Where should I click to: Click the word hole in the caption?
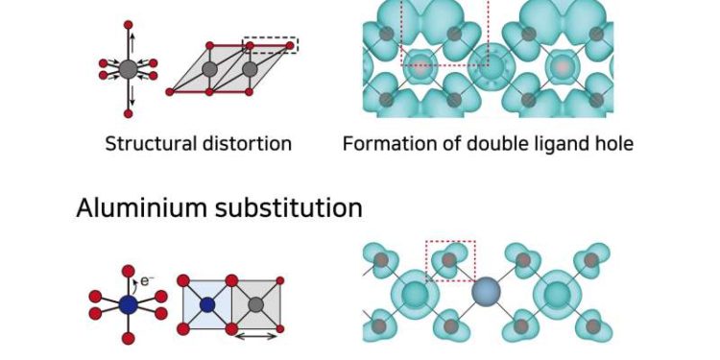[x=612, y=145]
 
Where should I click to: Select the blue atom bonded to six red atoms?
[x=126, y=304]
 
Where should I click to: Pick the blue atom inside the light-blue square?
[x=206, y=305]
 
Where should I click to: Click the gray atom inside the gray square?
[x=256, y=305]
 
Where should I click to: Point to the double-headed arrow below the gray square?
[x=256, y=336]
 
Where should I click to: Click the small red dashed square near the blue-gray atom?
[x=450, y=262]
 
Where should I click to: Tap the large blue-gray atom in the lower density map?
[x=487, y=292]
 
